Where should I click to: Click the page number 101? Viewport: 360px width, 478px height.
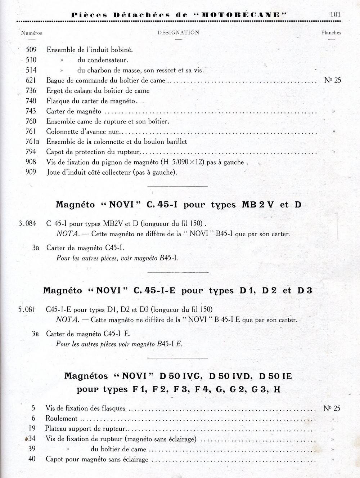334,15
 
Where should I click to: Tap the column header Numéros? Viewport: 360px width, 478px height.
32,33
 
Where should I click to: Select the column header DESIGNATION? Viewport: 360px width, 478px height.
178,32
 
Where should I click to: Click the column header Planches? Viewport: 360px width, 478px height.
331,32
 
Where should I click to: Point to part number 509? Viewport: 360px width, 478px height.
31,50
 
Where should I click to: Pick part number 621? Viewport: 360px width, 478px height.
31,80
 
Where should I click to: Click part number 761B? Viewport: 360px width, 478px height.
32,142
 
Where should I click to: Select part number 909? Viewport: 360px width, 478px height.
31,172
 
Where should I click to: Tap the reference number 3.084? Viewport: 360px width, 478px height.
27,223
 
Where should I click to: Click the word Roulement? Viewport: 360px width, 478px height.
61,418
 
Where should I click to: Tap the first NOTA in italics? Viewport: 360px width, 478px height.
68,234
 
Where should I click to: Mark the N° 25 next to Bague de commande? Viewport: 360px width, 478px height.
332,80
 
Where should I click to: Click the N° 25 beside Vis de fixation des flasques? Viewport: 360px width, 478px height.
332,408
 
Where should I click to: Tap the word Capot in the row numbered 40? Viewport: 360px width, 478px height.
54,459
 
